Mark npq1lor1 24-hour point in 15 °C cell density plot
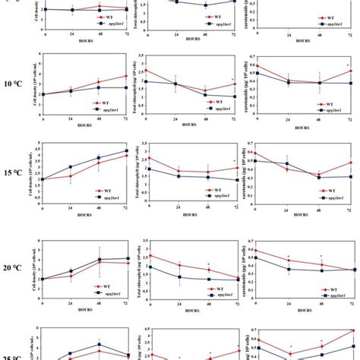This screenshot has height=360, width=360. pyautogui.click(x=71, y=166)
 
